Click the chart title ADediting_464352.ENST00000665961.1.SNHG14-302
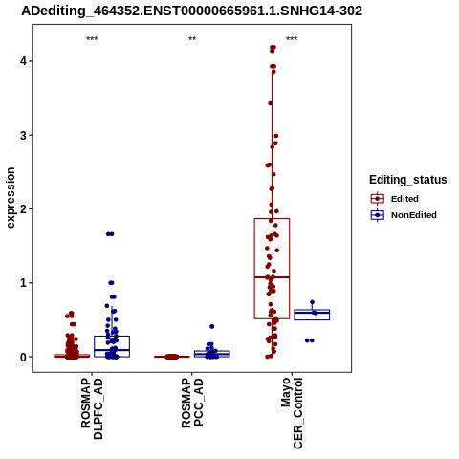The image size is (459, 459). click(x=191, y=11)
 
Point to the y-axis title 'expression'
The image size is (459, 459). click(x=11, y=198)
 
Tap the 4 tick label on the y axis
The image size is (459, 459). click(x=23, y=61)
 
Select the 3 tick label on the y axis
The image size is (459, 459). click(x=23, y=135)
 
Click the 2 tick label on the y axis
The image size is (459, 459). click(x=23, y=209)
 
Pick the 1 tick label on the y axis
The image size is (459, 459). click(x=23, y=283)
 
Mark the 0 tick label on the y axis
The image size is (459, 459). click(x=23, y=358)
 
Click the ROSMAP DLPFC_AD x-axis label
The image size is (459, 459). click(x=92, y=408)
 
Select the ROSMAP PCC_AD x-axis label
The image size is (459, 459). click(x=192, y=403)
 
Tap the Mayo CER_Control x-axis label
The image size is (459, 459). click(x=292, y=413)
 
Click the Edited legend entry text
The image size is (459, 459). click(x=404, y=199)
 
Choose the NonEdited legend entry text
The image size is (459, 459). click(x=414, y=215)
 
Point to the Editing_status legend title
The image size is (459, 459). click(x=408, y=180)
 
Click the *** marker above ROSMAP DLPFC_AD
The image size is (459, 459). click(x=92, y=39)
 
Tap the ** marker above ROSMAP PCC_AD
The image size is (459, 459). click(x=192, y=39)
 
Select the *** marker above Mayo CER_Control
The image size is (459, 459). click(x=292, y=39)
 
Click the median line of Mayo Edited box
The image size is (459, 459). click(x=272, y=277)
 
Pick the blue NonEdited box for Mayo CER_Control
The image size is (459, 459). click(x=312, y=315)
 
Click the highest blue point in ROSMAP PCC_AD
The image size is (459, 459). click(x=212, y=326)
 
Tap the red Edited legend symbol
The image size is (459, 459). click(x=378, y=199)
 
